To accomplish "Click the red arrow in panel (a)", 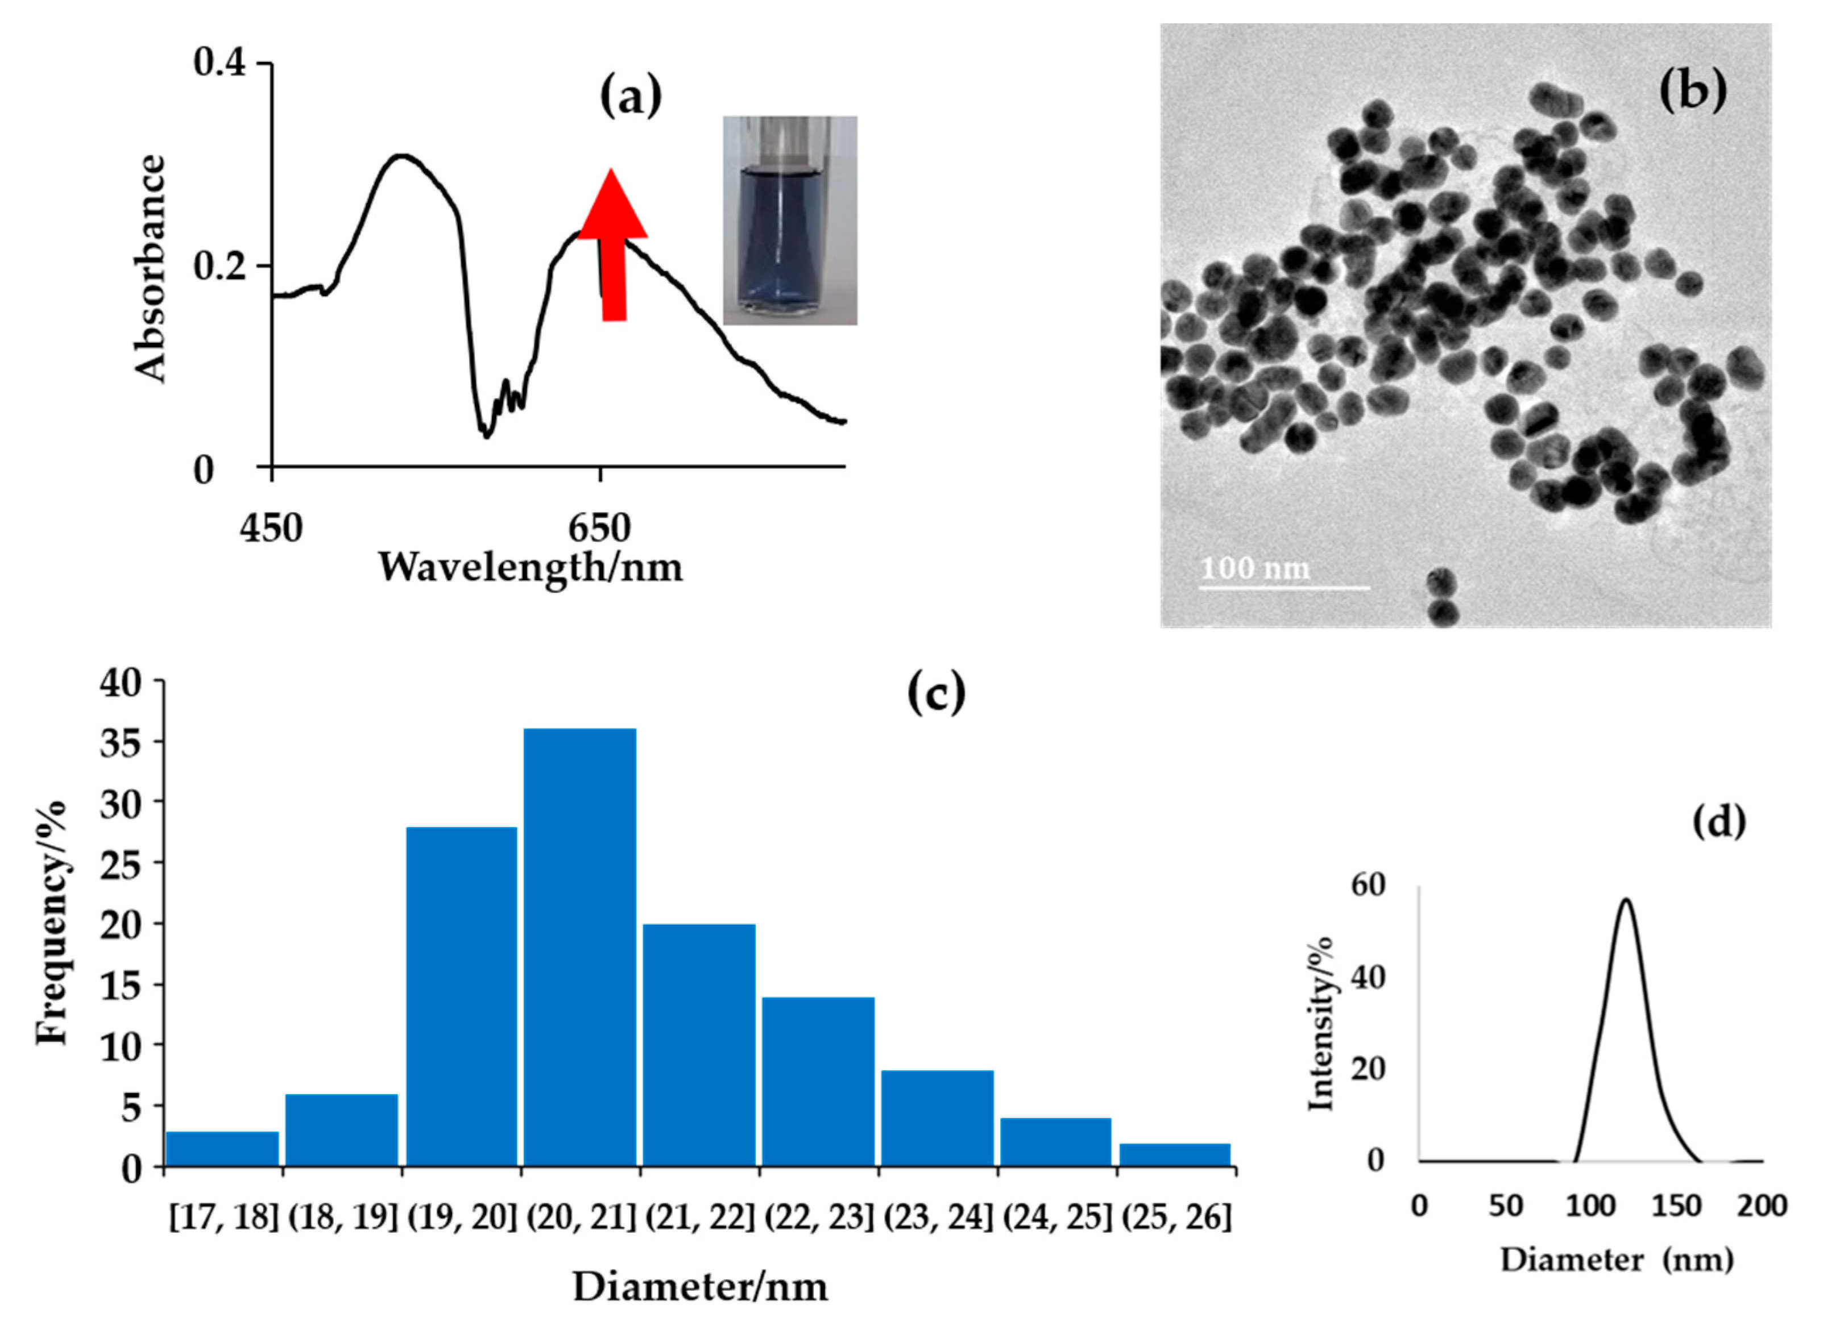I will tap(612, 249).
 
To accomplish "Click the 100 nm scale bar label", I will tap(1255, 569).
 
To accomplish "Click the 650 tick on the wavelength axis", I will tap(599, 529).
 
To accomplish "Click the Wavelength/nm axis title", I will tap(531, 567).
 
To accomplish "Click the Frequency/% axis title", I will tap(52, 922).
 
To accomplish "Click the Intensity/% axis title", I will tap(1321, 1025).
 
